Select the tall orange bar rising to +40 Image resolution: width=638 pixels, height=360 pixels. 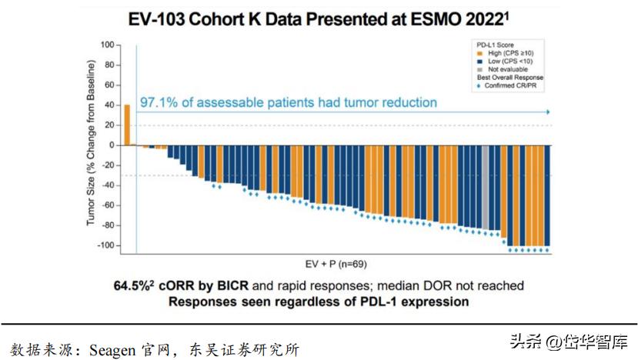pos(127,125)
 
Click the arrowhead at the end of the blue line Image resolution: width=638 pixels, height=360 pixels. pos(548,112)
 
